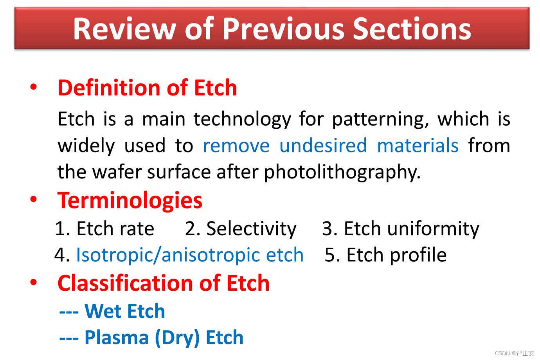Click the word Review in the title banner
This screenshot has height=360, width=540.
(x=125, y=29)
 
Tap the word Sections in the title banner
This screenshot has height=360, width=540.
(x=412, y=29)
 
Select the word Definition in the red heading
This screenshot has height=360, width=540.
(x=109, y=88)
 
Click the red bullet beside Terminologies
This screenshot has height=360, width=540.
(x=34, y=199)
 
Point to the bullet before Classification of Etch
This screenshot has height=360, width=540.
(x=34, y=282)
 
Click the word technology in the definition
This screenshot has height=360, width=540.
(x=242, y=119)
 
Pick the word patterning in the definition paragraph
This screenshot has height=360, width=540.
(x=380, y=119)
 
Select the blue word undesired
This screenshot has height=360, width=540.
(x=323, y=146)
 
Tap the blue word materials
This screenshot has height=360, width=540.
(x=418, y=146)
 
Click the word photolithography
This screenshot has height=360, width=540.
(x=342, y=172)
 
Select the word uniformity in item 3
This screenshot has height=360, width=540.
(x=433, y=229)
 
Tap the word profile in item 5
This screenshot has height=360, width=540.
(x=418, y=255)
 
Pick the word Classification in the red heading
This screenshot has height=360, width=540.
(x=126, y=283)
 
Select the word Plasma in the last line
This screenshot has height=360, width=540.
(x=117, y=337)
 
